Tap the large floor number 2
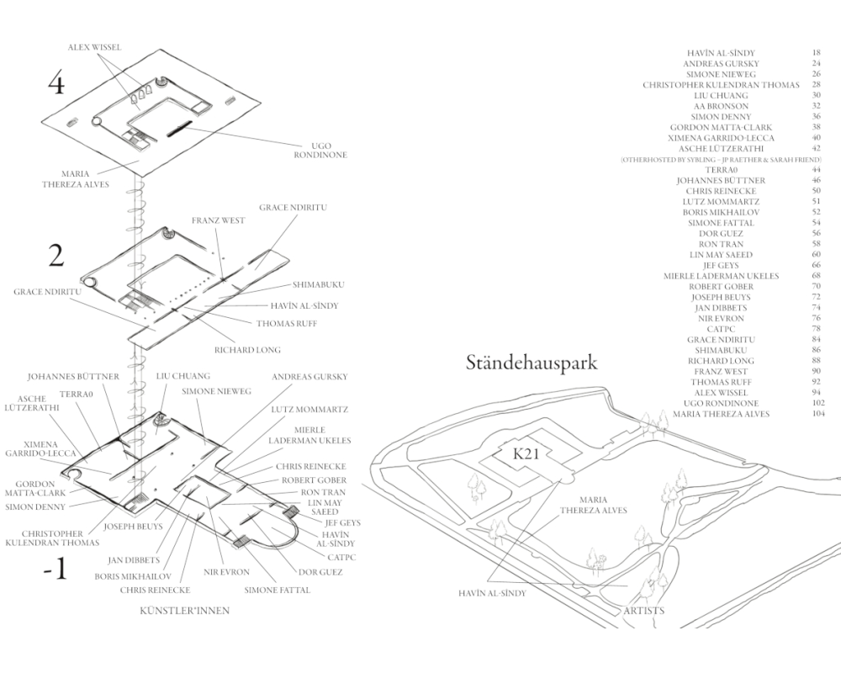point(56,256)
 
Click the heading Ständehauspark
point(532,363)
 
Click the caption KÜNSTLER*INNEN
point(184,612)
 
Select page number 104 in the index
point(816,414)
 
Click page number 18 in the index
point(816,53)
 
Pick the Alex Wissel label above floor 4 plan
point(95,48)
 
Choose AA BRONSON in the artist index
point(720,106)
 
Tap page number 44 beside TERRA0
point(816,169)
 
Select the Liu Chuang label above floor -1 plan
point(182,376)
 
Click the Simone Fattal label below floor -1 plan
point(278,591)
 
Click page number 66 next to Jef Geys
point(816,265)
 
